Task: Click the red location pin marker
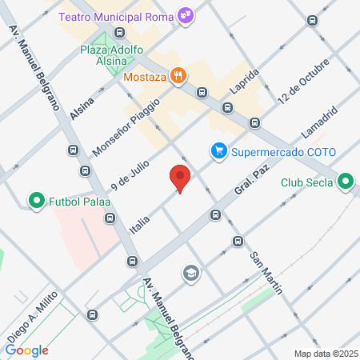click(180, 179)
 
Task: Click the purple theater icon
click(186, 14)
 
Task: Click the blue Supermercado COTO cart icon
click(217, 151)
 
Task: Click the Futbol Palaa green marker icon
click(35, 199)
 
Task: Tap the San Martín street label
click(266, 273)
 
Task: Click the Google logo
click(26, 350)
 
